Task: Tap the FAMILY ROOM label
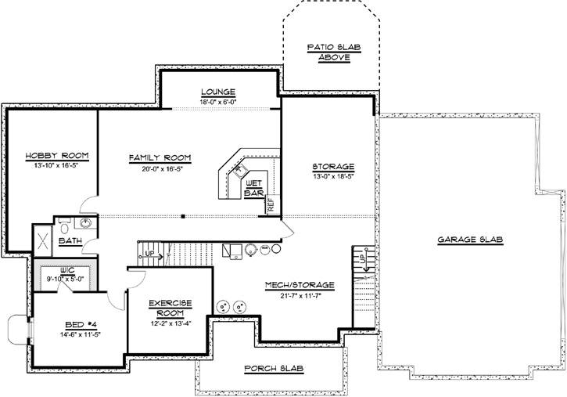[160, 157]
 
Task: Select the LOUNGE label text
[217, 92]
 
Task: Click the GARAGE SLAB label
[469, 240]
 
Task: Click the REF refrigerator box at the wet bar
[271, 205]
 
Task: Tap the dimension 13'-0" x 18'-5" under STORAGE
[333, 176]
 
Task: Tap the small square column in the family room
[183, 215]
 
